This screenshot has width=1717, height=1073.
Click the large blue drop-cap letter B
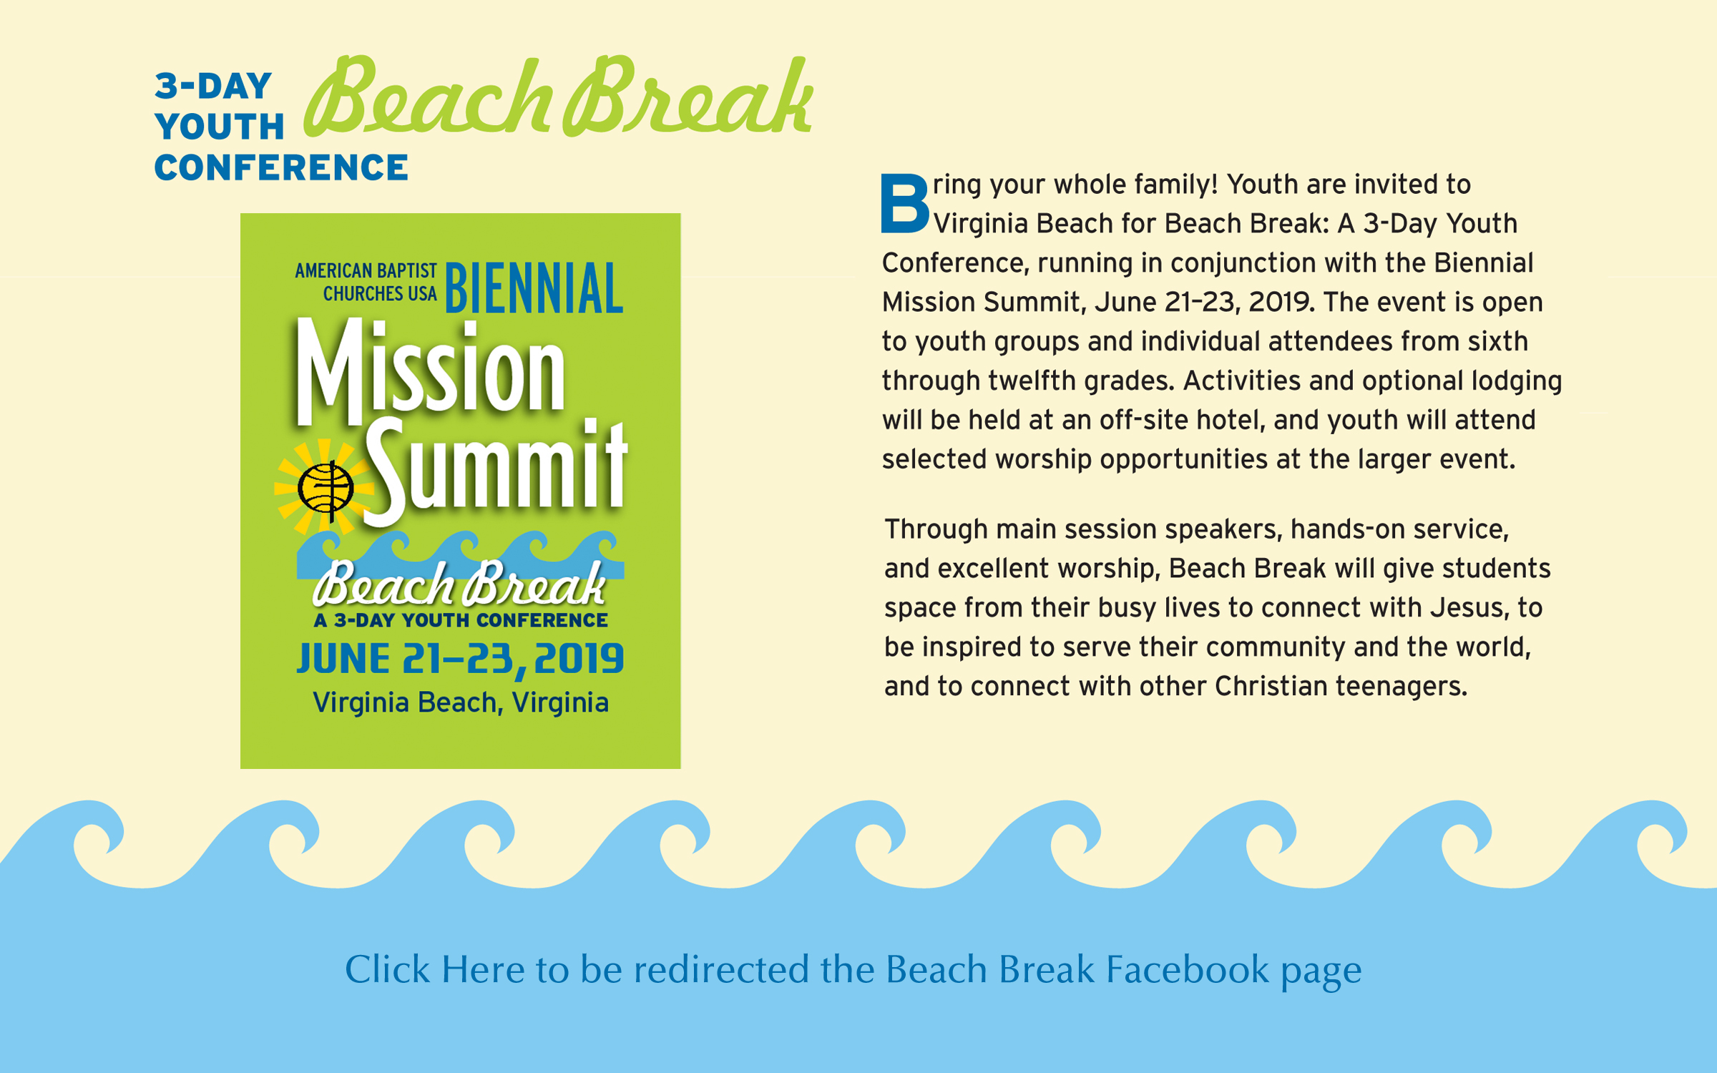905,204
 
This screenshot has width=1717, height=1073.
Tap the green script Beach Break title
559,97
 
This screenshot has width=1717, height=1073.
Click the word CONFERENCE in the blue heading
281,168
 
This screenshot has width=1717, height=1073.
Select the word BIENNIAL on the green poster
534,288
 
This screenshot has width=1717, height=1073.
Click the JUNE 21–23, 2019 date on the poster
460,659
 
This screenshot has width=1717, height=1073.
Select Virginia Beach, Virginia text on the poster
461,702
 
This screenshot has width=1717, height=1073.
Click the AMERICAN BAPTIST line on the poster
366,271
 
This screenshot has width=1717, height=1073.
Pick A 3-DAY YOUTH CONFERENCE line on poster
461,620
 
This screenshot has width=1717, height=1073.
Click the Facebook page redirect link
853,970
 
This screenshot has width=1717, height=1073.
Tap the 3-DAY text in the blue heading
213,87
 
